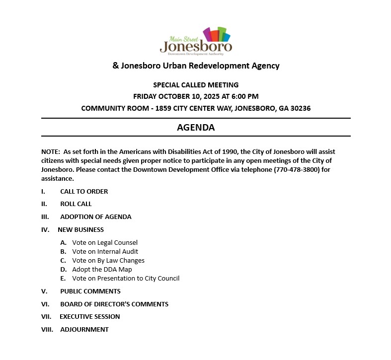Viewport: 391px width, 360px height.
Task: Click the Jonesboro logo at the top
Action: (x=196, y=41)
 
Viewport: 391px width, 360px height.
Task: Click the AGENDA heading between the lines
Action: (x=196, y=128)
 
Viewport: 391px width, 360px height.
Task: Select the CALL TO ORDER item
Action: (x=84, y=191)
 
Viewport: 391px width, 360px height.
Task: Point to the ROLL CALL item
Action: (x=76, y=204)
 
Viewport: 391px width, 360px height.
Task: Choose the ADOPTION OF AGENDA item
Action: (x=95, y=216)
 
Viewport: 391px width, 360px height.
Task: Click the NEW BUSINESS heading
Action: (x=80, y=229)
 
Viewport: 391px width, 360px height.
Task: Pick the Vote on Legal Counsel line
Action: (x=105, y=243)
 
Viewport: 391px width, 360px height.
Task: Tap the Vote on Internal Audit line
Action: (x=105, y=251)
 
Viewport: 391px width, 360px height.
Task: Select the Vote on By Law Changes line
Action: (x=108, y=260)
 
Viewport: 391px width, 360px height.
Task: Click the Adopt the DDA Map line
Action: (x=102, y=269)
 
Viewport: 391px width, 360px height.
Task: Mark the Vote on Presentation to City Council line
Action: (x=126, y=278)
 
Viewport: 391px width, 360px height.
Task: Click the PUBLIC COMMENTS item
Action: (x=90, y=291)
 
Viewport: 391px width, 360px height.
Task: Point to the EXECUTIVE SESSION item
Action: (x=89, y=316)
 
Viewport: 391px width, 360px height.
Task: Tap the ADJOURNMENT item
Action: (x=84, y=329)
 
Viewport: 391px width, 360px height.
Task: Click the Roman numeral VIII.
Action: (x=47, y=329)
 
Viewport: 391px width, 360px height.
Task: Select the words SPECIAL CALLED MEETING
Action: (x=196, y=85)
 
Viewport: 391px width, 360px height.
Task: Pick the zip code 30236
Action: (x=300, y=108)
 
